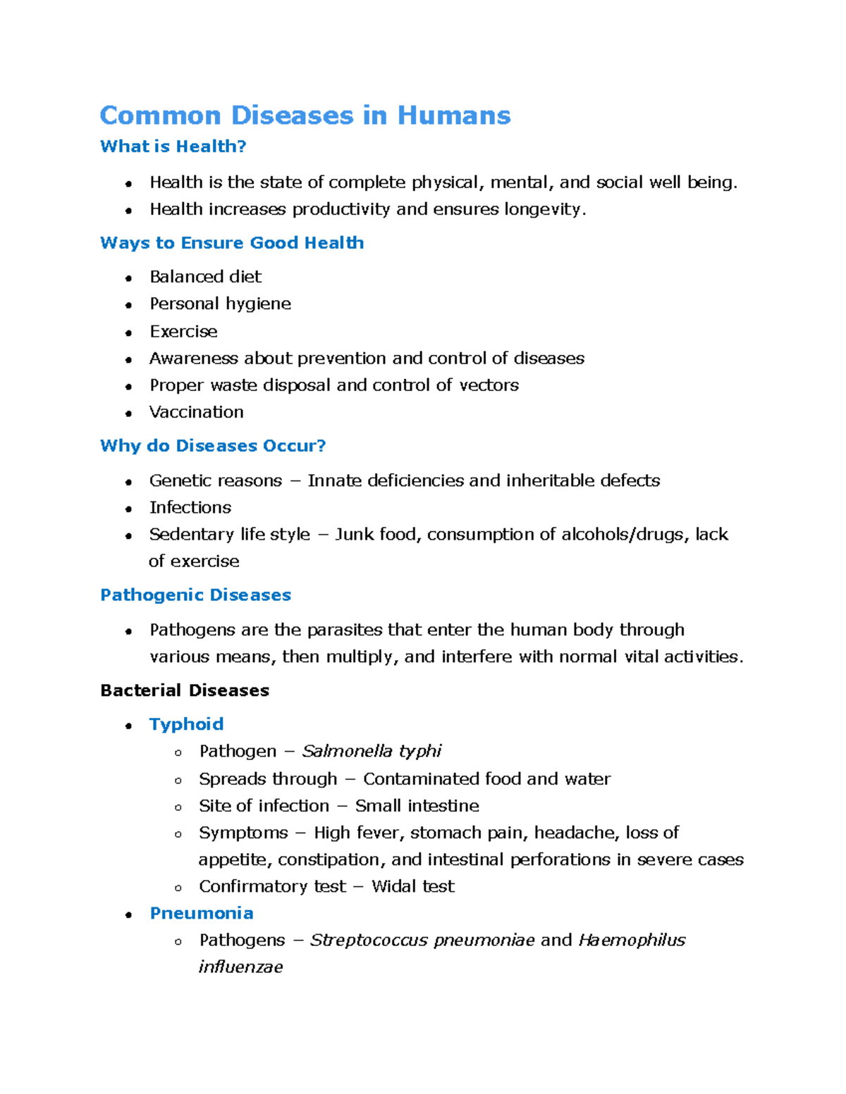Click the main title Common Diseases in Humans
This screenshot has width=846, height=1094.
click(x=305, y=116)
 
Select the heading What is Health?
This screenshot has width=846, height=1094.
click(x=173, y=147)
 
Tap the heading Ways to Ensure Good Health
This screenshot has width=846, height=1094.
click(x=232, y=243)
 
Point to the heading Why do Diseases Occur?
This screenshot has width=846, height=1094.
click(x=213, y=446)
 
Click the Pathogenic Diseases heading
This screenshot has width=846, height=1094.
click(x=195, y=595)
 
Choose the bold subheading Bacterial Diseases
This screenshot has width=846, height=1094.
click(x=185, y=690)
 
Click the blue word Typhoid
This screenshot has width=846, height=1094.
click(x=186, y=724)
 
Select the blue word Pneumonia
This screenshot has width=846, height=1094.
click(x=202, y=913)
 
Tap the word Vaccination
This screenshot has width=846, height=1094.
click(x=197, y=412)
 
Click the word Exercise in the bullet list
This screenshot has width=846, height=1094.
click(x=183, y=332)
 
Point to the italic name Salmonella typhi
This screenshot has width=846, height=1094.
click(x=372, y=752)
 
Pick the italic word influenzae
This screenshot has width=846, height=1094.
click(x=240, y=967)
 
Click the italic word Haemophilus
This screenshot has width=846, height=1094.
click(x=632, y=940)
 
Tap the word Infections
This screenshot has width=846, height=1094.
click(x=190, y=508)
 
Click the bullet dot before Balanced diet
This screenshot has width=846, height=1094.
click(x=128, y=278)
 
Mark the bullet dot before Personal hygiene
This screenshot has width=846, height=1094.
click(x=128, y=305)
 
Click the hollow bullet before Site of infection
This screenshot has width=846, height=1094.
click(x=178, y=807)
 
